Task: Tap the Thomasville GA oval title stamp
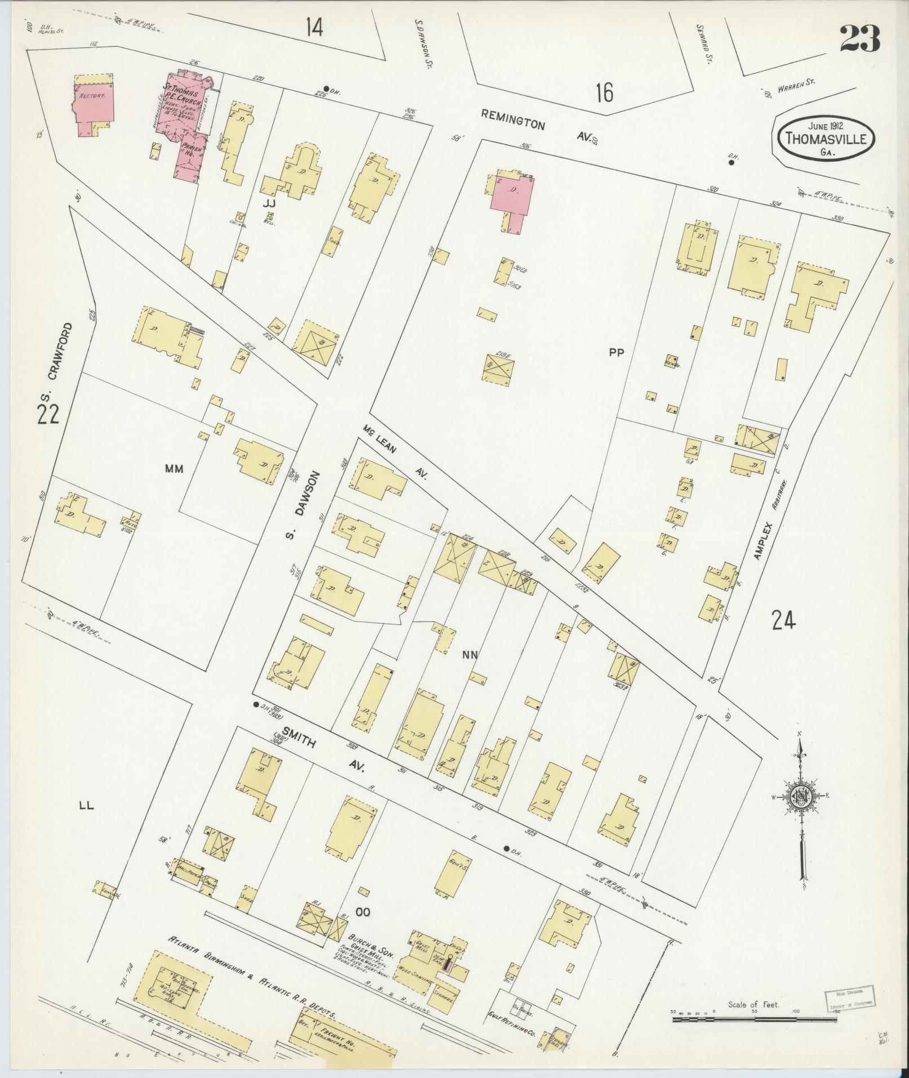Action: (x=826, y=138)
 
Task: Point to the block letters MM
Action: (x=174, y=468)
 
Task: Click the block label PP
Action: (x=617, y=353)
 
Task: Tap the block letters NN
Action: (x=470, y=654)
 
